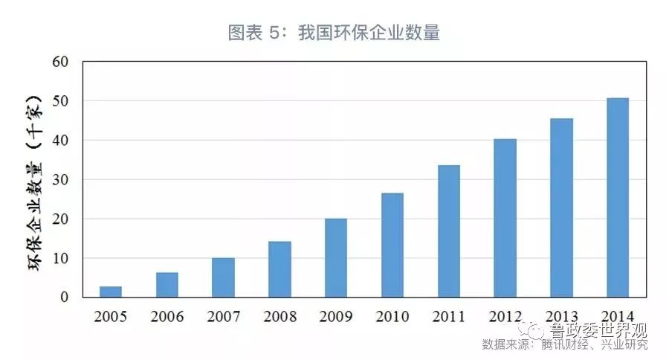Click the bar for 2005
(110, 292)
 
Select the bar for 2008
(279, 269)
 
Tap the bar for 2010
(392, 245)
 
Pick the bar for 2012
(505, 218)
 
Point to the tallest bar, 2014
(617, 197)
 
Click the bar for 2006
(167, 285)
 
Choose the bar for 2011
(448, 231)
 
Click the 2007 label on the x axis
(223, 317)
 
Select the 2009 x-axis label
(336, 317)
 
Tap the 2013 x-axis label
(561, 317)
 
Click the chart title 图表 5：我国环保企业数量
(334, 33)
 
